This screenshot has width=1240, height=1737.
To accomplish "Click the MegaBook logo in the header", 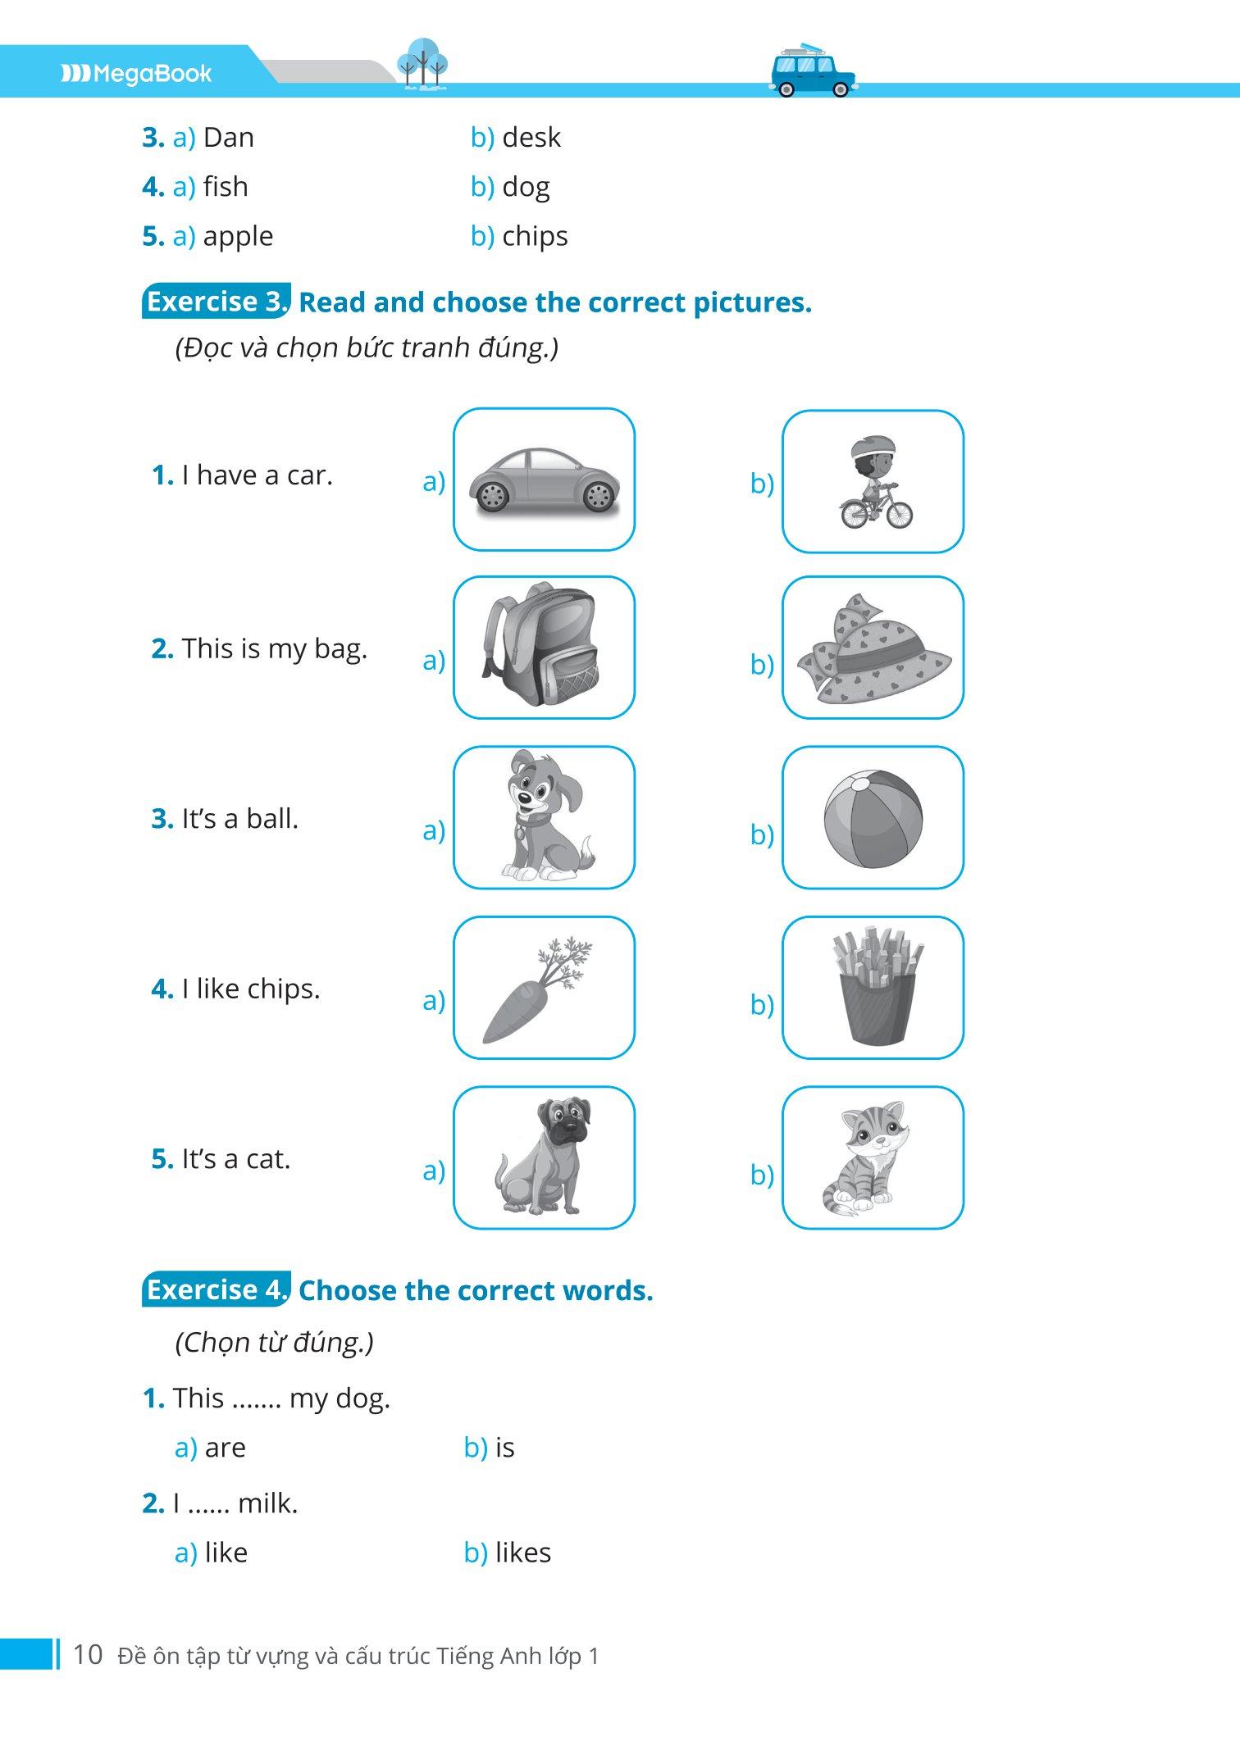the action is pyautogui.click(x=136, y=74).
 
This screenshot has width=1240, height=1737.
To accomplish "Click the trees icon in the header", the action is pyautogui.click(x=422, y=63).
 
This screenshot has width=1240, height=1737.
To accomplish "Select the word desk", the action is pyautogui.click(x=531, y=137).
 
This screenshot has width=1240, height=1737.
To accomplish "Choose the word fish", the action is pyautogui.click(x=226, y=186).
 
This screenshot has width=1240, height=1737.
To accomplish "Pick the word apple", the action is pyautogui.click(x=238, y=237).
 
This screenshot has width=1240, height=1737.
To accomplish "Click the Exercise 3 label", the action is pyautogui.click(x=217, y=302).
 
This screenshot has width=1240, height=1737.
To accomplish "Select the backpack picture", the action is pyautogui.click(x=540, y=643).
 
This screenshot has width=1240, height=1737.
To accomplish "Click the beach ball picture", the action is pyautogui.click(x=873, y=818).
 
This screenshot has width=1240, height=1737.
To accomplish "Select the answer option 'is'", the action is pyautogui.click(x=505, y=1448).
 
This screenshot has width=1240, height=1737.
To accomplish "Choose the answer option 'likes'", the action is pyautogui.click(x=523, y=1553).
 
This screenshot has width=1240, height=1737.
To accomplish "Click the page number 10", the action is pyautogui.click(x=88, y=1654).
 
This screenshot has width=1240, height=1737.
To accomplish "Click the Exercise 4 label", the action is pyautogui.click(x=217, y=1289).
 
